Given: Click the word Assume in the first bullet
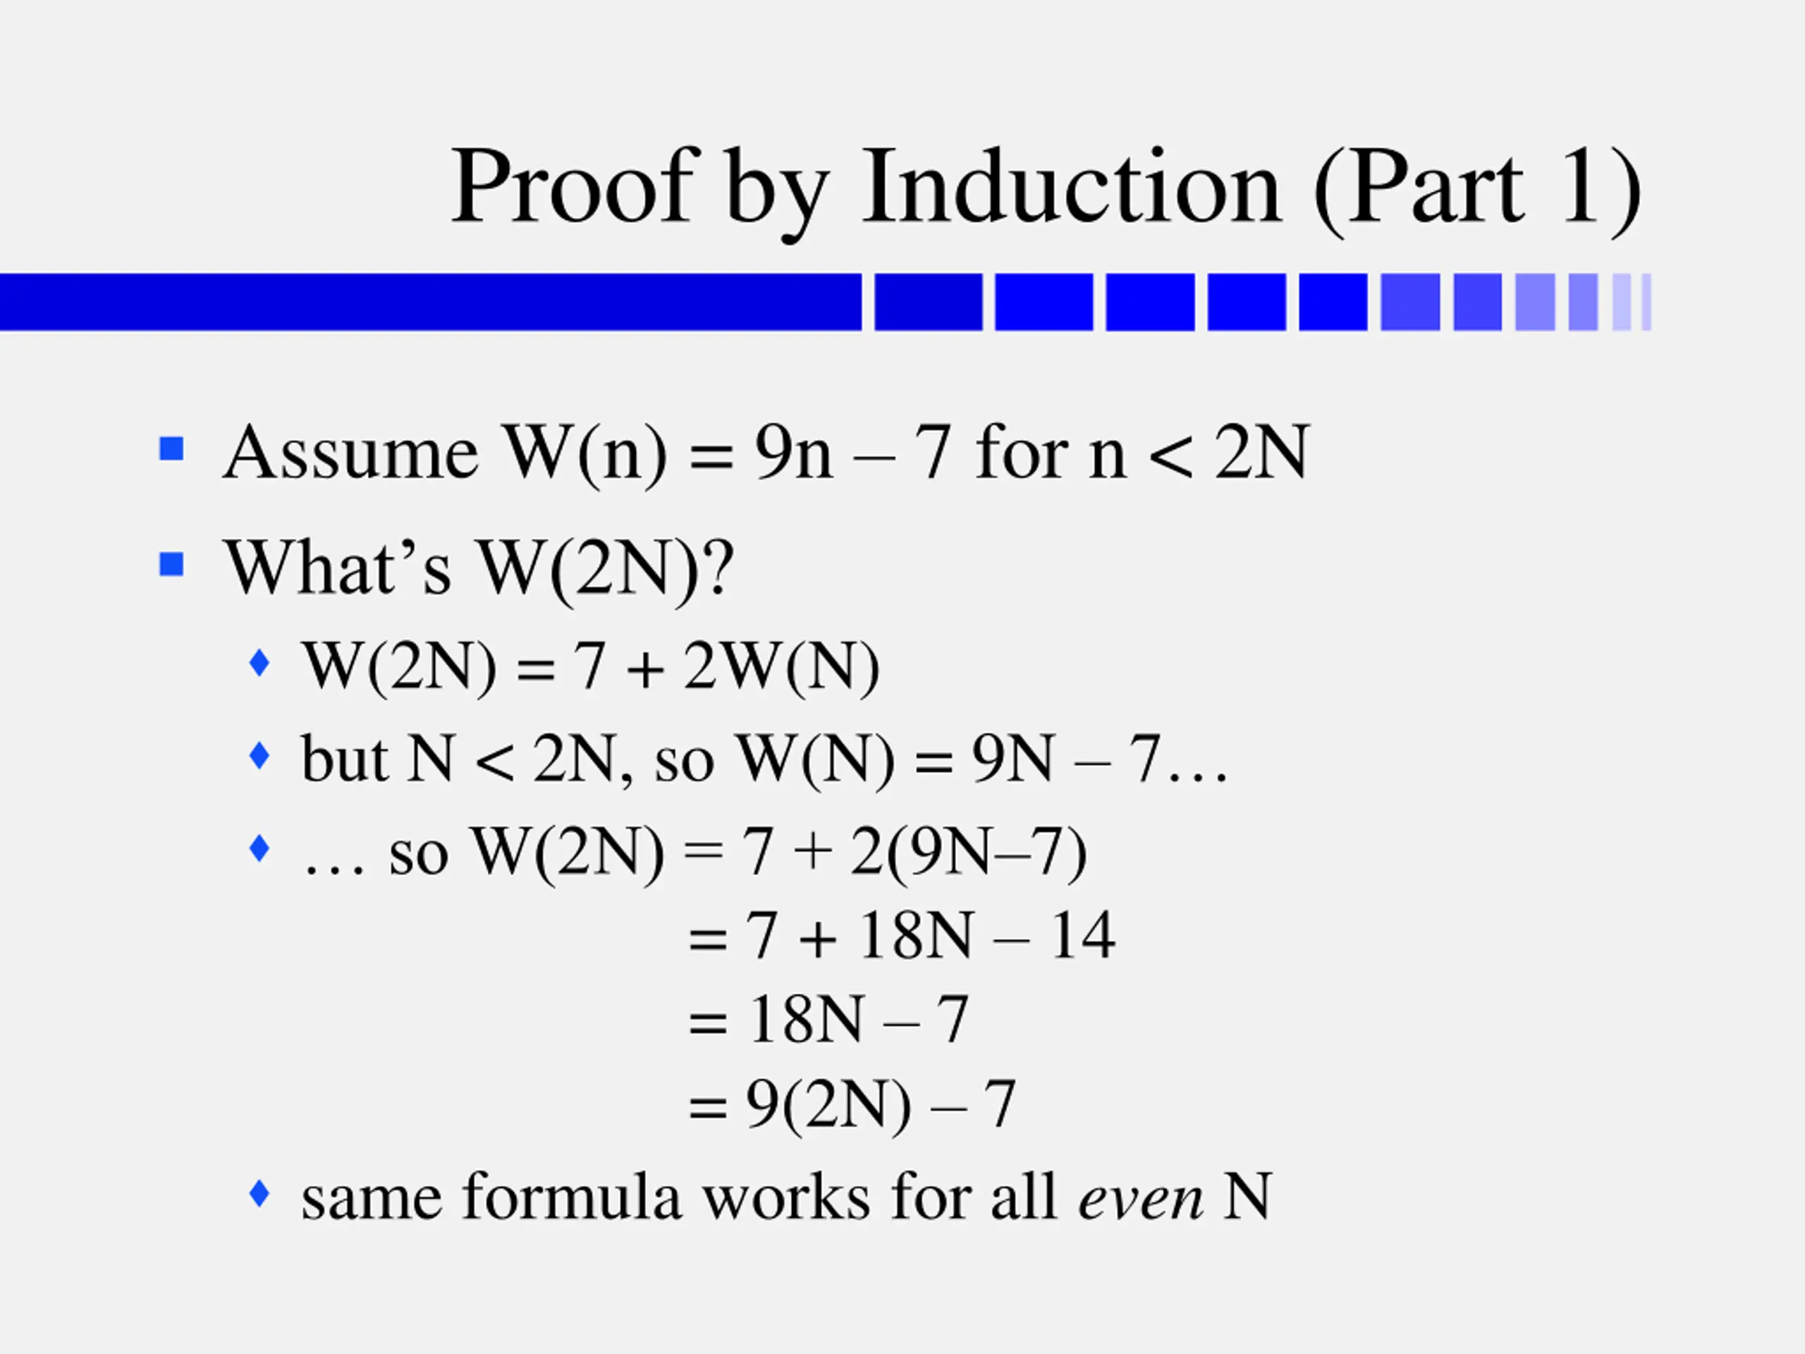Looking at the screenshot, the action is pyautogui.click(x=351, y=453).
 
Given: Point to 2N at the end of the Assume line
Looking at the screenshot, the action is pyautogui.click(x=1261, y=453).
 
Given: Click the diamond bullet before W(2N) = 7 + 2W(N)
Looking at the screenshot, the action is pyautogui.click(x=259, y=663).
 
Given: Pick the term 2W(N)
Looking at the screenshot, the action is pyautogui.click(x=781, y=668).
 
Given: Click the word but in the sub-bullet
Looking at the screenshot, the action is pyautogui.click(x=344, y=759).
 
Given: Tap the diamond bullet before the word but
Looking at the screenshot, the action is pyautogui.click(x=259, y=756).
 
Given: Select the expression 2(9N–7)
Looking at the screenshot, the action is pyautogui.click(x=968, y=853).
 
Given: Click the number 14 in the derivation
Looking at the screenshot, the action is pyautogui.click(x=1082, y=936).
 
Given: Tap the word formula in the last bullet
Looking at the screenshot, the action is pyautogui.click(x=571, y=1197).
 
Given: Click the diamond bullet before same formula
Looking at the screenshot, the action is pyautogui.click(x=259, y=1194).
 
